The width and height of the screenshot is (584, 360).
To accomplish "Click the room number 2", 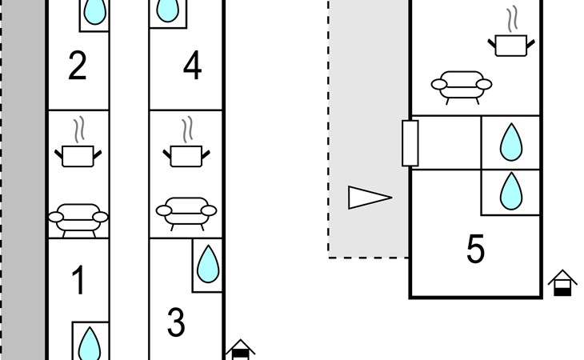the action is point(78,66).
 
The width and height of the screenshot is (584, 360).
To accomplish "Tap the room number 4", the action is point(192,66).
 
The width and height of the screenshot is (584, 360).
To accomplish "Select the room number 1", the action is point(78,281).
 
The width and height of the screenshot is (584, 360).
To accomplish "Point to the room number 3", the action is point(176,322).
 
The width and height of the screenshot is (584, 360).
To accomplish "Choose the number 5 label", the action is point(475,249).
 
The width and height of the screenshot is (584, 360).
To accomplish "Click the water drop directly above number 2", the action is point(94,11).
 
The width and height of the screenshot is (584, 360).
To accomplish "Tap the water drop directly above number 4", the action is point(167,10).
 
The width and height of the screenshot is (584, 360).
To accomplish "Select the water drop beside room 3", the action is point(208,263).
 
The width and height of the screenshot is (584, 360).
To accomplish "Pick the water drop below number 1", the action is point(90,344).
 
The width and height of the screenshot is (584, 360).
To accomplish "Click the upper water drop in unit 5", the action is point(511,142).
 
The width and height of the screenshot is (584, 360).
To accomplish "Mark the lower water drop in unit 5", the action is point(511,191).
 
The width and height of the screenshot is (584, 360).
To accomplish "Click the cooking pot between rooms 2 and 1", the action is point(78,148).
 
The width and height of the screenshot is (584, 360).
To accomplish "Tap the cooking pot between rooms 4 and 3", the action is point(186,148).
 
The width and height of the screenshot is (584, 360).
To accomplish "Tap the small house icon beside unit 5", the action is point(562,283).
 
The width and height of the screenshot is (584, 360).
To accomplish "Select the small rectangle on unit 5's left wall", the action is point(410,143).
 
